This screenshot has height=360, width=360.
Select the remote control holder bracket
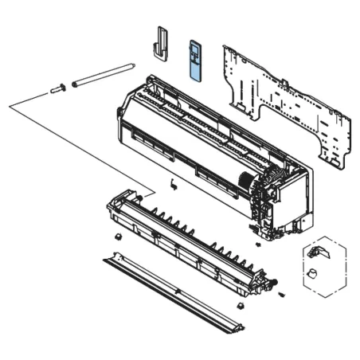pos(162,42)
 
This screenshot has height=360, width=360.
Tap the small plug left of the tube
pos(57,88)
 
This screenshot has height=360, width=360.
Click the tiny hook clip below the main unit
pos(172,184)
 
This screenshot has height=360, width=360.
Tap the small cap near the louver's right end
pos(240,304)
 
